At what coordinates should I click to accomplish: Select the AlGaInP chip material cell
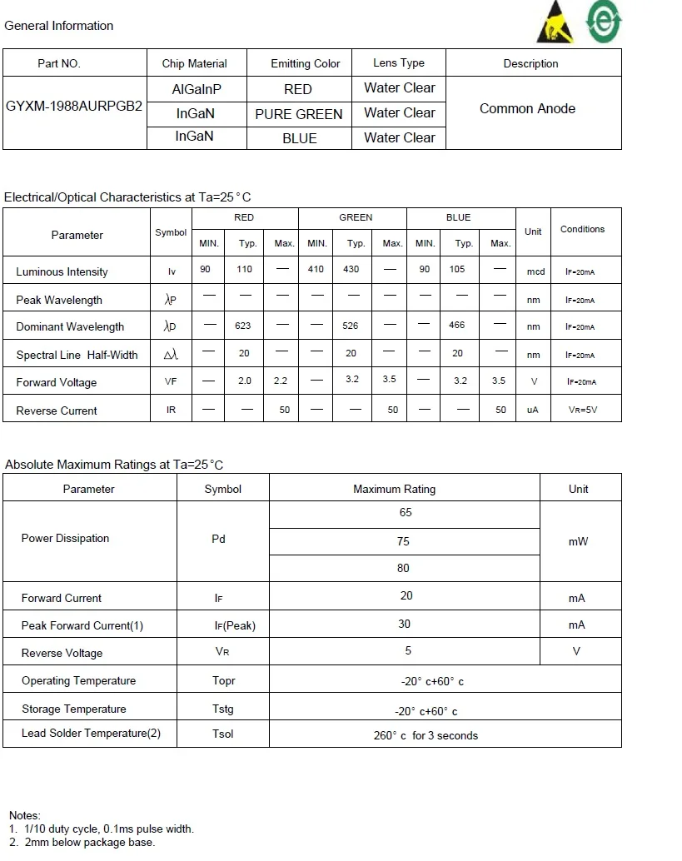[x=197, y=88]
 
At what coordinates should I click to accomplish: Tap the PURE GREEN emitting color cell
[x=298, y=114]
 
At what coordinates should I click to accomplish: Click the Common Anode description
[x=527, y=108]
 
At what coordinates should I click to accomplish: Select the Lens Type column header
[x=399, y=63]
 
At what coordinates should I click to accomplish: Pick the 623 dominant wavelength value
[x=243, y=326]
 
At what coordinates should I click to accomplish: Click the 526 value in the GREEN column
[x=351, y=326]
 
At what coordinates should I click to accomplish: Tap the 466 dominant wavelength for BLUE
[x=457, y=325]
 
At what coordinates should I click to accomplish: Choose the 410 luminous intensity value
[x=316, y=269]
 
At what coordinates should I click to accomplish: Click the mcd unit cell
[x=535, y=271]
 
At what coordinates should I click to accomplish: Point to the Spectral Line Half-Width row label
[x=77, y=355]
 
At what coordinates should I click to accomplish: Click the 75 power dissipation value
[x=404, y=541]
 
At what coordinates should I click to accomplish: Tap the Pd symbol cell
[x=219, y=539]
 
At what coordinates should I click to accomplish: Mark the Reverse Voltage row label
[x=62, y=653]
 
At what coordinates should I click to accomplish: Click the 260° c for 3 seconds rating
[x=426, y=735]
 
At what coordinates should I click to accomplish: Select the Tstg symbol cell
[x=223, y=709]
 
